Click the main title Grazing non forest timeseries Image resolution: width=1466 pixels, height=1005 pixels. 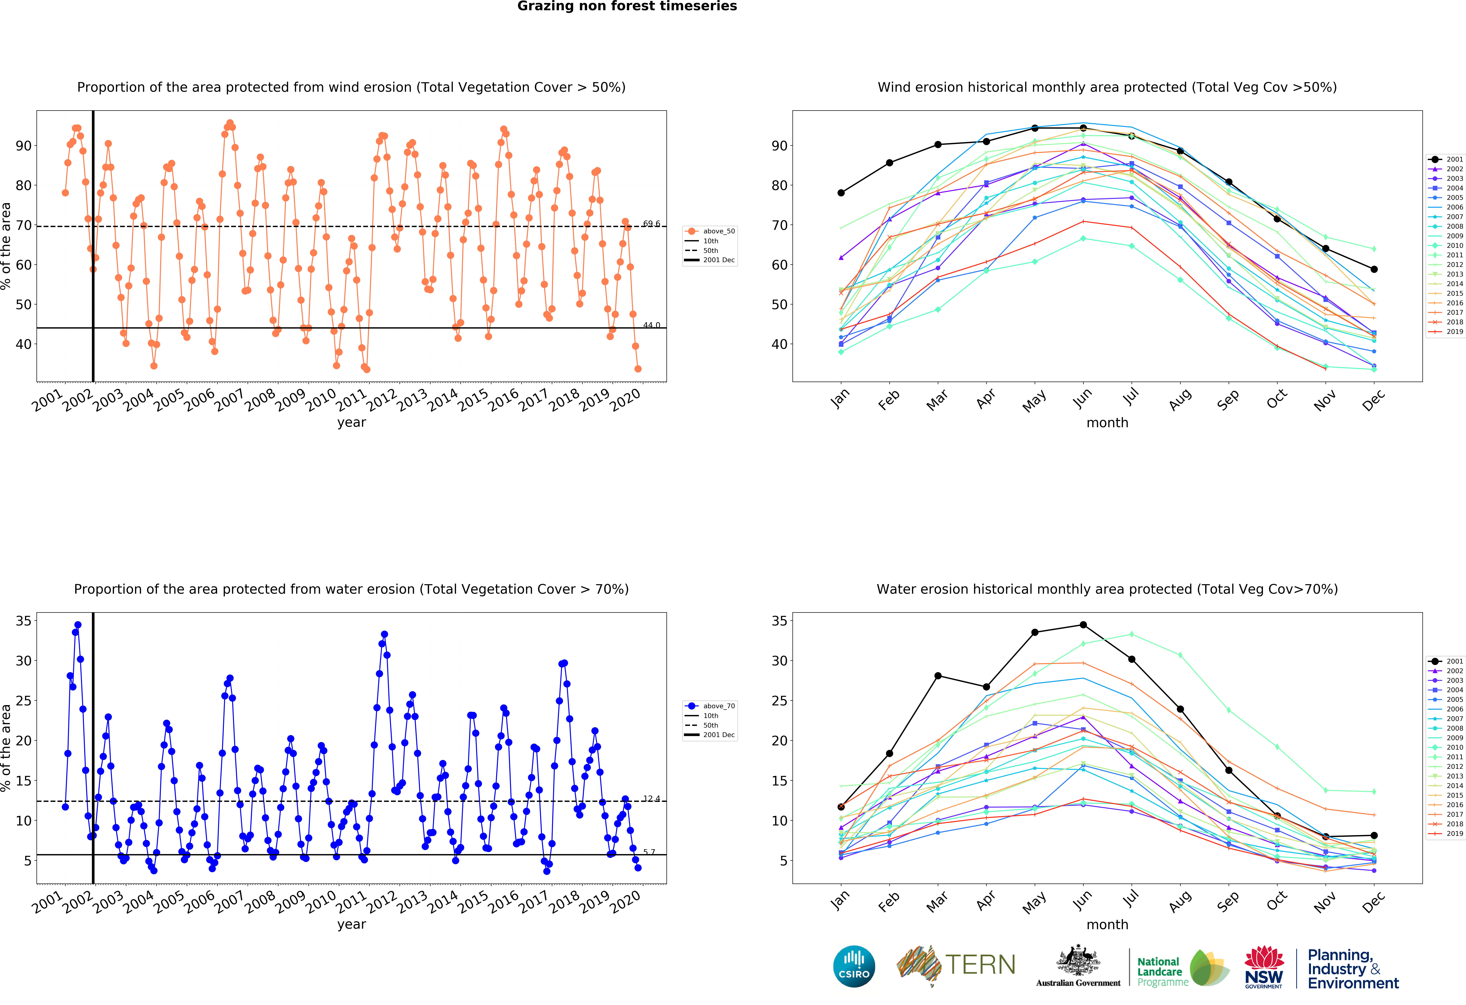pos(627,6)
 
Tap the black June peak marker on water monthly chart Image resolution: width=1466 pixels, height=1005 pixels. pos(1083,625)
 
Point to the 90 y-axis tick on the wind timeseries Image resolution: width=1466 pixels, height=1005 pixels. pos(23,146)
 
